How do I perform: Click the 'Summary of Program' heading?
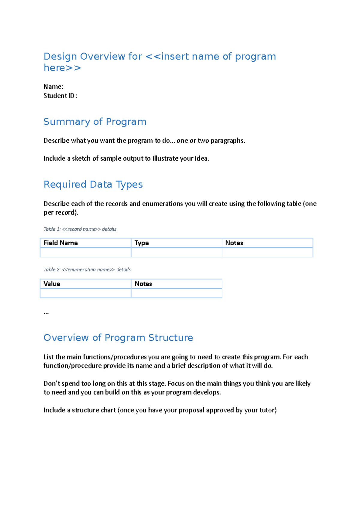95,122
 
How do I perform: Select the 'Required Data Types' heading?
93,184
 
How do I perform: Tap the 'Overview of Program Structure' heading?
118,338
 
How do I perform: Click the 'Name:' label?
53,87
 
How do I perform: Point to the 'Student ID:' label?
60,96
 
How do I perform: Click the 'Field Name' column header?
61,243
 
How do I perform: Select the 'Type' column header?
142,243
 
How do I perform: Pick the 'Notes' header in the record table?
234,243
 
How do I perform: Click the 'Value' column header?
52,284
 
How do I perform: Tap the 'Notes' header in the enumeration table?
143,284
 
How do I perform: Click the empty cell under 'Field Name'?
85,253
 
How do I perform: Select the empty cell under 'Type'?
176,253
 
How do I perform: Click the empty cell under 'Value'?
85,293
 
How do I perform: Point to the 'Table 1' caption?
80,229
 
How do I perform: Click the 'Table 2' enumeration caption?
87,269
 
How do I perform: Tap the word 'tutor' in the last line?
268,410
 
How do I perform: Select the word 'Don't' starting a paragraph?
52,384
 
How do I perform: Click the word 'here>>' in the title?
62,68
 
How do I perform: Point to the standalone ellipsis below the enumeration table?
46,313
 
